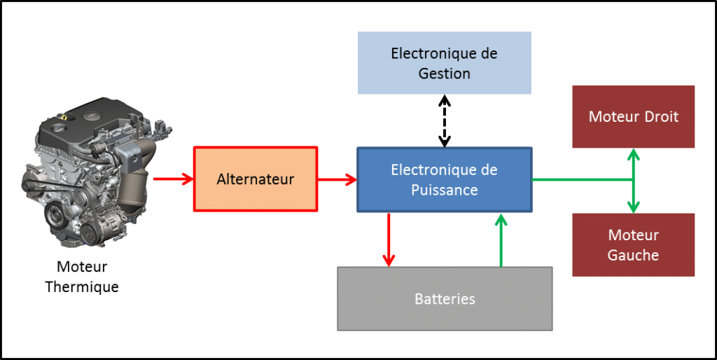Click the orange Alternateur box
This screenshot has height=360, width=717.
click(255, 179)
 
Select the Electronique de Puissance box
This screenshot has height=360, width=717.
click(444, 179)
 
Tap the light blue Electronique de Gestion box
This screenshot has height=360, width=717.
click(444, 63)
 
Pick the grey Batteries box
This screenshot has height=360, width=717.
click(445, 298)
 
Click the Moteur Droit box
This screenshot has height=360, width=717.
click(633, 116)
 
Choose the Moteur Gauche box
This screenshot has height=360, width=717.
click(633, 244)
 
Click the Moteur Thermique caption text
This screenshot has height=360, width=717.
click(82, 277)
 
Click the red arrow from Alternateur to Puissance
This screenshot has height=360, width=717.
click(337, 179)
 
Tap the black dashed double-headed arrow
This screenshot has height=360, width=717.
click(445, 120)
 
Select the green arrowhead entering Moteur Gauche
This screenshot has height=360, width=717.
click(633, 207)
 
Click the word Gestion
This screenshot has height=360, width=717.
click(444, 73)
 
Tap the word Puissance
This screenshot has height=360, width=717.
click(444, 190)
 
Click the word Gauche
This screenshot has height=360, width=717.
click(633, 255)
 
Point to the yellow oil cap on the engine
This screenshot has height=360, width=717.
click(64, 118)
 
